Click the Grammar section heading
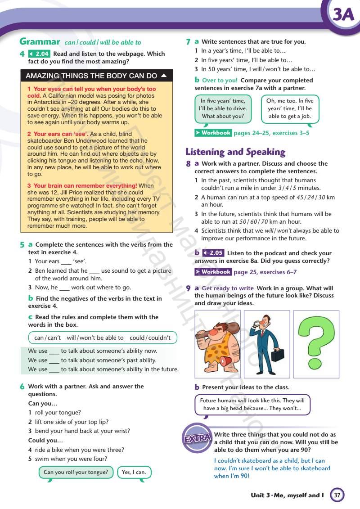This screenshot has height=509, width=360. [40, 42]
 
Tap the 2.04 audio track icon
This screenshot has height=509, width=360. [39, 54]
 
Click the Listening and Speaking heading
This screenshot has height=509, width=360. [235, 152]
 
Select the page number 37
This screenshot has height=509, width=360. [337, 495]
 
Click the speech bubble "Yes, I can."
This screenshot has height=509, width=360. [134, 472]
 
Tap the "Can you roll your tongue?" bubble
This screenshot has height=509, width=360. [76, 472]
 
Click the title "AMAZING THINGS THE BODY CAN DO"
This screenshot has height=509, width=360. [91, 76]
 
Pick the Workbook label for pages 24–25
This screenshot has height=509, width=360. [213, 133]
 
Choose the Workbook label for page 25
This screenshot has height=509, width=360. [213, 272]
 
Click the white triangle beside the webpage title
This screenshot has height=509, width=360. [164, 75]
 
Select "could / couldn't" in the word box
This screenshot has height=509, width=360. [150, 338]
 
